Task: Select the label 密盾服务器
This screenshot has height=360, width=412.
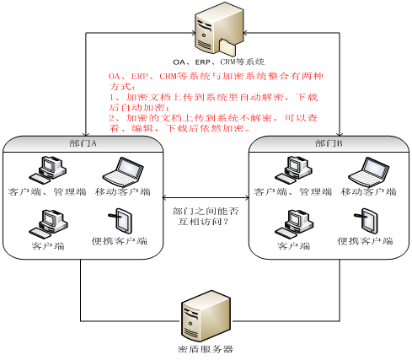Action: point(206,349)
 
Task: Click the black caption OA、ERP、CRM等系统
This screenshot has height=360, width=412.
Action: point(218,62)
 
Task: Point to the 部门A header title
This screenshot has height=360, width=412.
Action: point(83,143)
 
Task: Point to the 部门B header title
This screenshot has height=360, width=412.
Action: point(329,143)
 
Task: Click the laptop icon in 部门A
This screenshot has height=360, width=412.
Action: point(123,172)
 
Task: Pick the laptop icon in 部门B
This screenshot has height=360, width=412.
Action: point(369,172)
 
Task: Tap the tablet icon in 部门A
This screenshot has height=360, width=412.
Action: point(120,221)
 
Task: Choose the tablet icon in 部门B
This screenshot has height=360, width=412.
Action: point(366,221)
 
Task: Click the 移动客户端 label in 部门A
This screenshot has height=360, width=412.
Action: point(123,192)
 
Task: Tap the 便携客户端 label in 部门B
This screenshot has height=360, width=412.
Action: point(365,241)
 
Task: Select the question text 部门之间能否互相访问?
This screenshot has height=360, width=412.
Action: point(206,217)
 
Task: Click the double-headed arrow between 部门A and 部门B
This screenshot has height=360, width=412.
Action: point(206,198)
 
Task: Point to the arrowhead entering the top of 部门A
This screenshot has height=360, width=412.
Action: point(86,133)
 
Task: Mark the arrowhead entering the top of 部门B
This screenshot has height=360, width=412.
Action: point(340,133)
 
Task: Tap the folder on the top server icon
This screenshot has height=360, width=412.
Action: point(227,47)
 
